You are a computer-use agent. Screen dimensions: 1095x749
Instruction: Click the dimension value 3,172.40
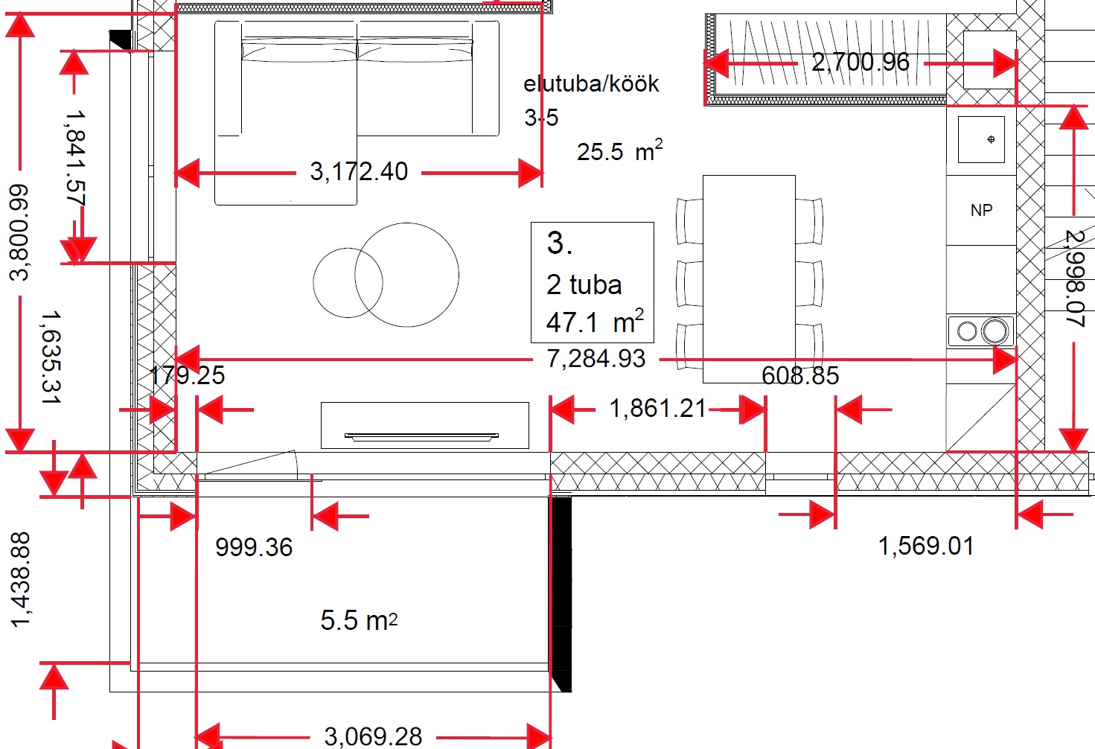(359, 171)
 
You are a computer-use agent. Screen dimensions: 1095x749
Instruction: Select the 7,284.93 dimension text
(596, 358)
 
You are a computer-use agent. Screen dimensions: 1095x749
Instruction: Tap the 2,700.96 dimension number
(861, 62)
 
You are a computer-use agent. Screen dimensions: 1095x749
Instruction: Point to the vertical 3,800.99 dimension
(19, 232)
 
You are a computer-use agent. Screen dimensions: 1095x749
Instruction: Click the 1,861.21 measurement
(657, 408)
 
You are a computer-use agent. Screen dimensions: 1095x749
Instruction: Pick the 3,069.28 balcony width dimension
(373, 737)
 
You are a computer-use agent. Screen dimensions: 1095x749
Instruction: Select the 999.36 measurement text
(254, 547)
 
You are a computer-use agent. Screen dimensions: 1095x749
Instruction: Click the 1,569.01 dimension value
(926, 546)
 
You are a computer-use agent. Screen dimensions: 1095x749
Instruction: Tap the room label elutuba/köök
(591, 84)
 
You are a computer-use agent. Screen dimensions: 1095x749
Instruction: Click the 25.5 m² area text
(619, 150)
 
